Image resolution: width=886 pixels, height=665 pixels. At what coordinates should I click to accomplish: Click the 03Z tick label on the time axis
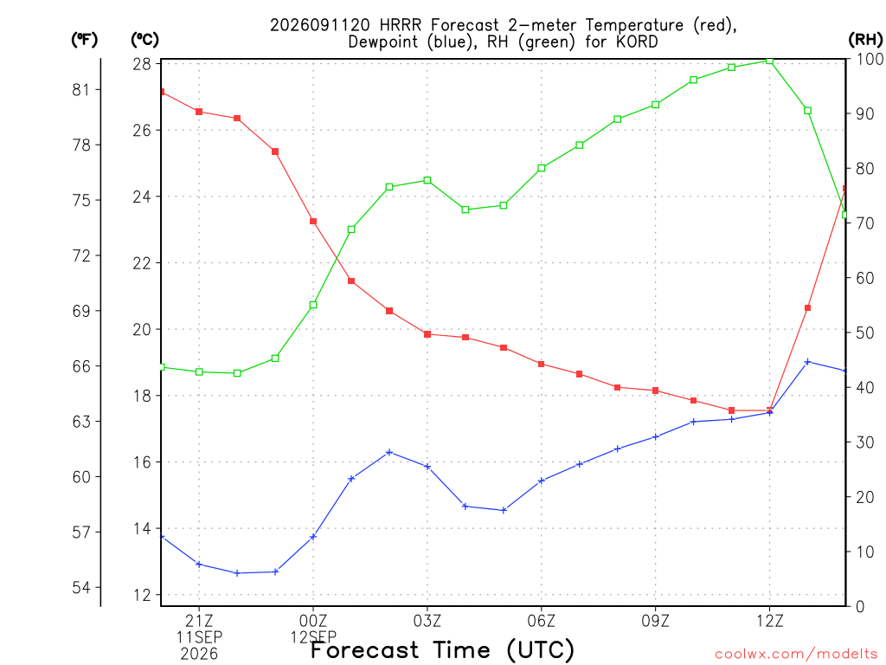(x=427, y=621)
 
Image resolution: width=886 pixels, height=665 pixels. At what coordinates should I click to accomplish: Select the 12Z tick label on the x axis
(x=769, y=621)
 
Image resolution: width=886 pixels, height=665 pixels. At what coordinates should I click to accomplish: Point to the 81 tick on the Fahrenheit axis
(x=81, y=89)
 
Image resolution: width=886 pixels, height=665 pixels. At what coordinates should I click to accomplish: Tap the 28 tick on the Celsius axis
(x=142, y=64)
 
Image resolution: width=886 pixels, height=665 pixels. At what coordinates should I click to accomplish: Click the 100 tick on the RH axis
(x=870, y=59)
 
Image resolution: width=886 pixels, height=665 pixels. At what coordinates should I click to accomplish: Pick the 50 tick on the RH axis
(x=865, y=332)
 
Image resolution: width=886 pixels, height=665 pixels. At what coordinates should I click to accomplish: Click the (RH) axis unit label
(x=865, y=39)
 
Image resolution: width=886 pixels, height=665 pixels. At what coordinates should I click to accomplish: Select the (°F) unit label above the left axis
(x=85, y=40)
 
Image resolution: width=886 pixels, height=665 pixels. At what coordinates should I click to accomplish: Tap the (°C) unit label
(x=144, y=40)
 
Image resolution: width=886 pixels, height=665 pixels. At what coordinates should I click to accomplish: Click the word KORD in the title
(x=637, y=42)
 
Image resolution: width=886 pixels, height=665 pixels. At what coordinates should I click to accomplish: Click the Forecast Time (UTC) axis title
(x=442, y=650)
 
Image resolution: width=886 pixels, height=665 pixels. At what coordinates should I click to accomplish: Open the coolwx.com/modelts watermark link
(x=796, y=654)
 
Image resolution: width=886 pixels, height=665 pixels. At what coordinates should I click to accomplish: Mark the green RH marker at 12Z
(x=769, y=61)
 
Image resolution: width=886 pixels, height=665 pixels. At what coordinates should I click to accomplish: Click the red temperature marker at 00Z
(x=313, y=221)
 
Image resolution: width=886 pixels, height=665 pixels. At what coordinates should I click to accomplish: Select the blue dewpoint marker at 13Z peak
(x=807, y=361)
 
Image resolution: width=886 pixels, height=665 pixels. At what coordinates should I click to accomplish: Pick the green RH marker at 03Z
(x=427, y=180)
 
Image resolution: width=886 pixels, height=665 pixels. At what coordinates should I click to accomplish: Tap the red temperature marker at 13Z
(x=807, y=308)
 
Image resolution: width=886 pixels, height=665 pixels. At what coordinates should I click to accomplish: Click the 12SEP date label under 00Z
(x=313, y=637)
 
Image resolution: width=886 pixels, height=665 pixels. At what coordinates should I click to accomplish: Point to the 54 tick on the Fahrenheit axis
(x=81, y=588)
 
